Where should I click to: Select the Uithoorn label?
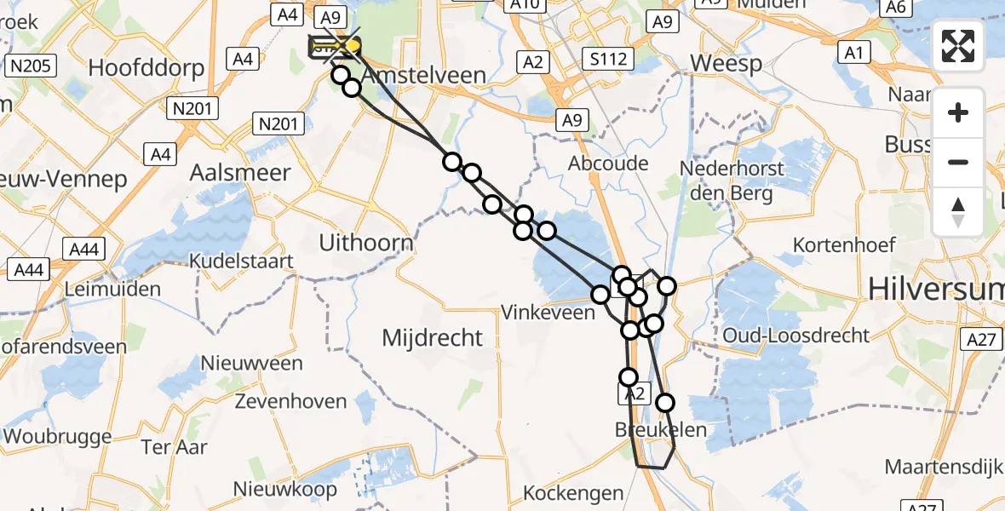coord(366,243)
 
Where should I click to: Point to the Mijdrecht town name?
coord(433,338)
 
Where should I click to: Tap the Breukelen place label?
coord(661,430)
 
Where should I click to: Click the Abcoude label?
coord(609,164)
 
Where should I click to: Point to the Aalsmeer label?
coord(239,172)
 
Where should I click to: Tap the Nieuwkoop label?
coord(285,489)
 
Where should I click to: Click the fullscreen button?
coord(958,45)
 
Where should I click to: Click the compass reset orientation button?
coord(958,211)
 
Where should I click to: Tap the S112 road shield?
coord(606,59)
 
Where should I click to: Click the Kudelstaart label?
coord(242,261)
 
